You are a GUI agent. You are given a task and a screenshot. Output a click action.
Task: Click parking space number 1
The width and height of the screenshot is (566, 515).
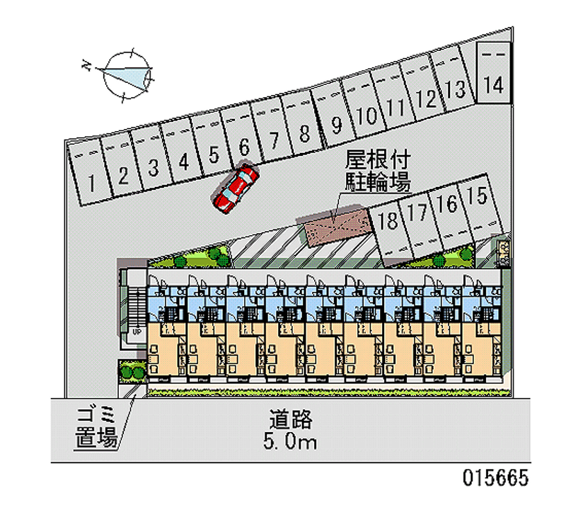pos(92,183)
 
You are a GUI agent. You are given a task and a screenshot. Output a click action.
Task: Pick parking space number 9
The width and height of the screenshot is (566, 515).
pos(336,125)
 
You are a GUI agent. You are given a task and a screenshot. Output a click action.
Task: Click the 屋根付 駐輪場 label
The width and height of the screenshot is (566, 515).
pos(378,171)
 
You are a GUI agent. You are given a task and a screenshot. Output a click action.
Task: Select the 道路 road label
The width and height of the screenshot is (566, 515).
pos(290,419)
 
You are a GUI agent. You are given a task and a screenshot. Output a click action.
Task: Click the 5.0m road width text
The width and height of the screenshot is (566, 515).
pos(290,443)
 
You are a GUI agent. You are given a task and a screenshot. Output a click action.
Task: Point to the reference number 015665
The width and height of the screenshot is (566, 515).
pos(495,478)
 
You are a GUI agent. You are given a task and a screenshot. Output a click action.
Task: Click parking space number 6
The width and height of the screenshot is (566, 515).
pos(244,147)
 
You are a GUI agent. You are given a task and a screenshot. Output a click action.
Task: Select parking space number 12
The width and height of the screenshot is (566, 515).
pos(426,98)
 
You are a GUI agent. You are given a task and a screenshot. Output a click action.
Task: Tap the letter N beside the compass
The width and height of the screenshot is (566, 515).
pos(86,66)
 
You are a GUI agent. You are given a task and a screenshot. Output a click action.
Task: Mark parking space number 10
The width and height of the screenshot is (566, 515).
pos(366,115)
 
